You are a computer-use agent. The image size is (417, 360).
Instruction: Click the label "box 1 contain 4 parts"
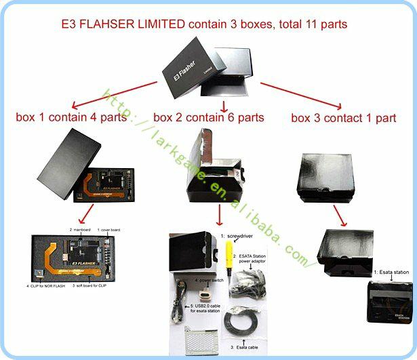[x=71, y=117]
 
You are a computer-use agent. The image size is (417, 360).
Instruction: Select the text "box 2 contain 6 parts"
[x=208, y=117]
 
